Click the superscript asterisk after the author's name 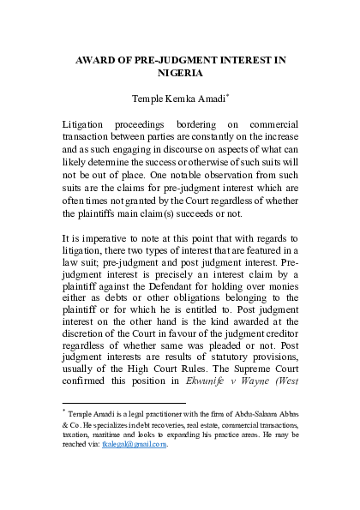[228, 98]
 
